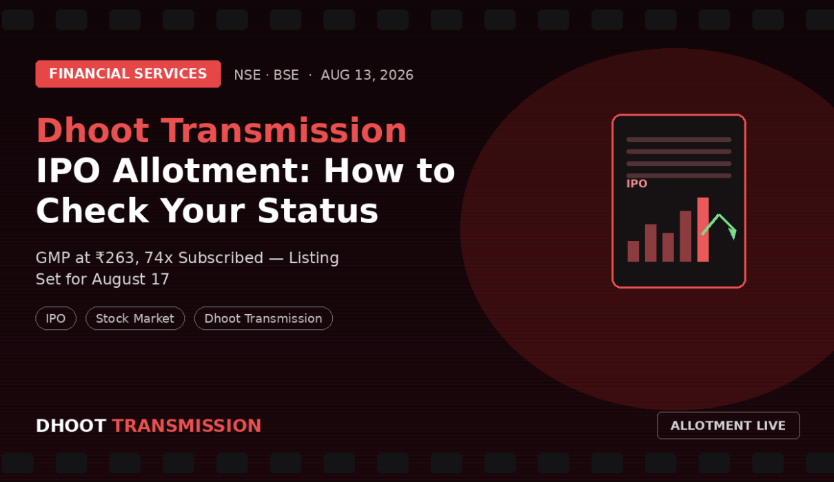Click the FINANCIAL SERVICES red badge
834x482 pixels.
pos(128,74)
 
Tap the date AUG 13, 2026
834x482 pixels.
pos(367,75)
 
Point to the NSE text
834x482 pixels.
pos(247,75)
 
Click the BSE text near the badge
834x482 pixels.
pos(286,75)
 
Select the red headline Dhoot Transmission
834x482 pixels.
pos(221,130)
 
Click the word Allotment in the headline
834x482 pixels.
pos(211,171)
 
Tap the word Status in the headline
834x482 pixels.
pos(318,211)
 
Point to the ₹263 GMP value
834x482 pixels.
pos(115,258)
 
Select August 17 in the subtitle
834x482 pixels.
pos(131,279)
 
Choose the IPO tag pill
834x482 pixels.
pos(56,318)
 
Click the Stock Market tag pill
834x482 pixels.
pos(135,318)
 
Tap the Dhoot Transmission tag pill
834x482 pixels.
pos(263,318)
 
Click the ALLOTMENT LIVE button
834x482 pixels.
pos(729,426)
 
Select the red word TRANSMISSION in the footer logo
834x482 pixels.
pos(187,426)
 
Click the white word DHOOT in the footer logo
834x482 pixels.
pos(71,426)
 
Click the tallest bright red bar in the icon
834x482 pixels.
pos(703,229)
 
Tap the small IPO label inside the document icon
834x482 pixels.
pos(637,184)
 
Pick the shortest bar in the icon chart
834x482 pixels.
pos(633,251)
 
